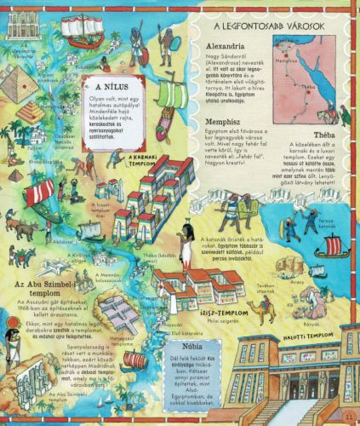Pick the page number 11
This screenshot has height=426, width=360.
pyautogui.click(x=348, y=414)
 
